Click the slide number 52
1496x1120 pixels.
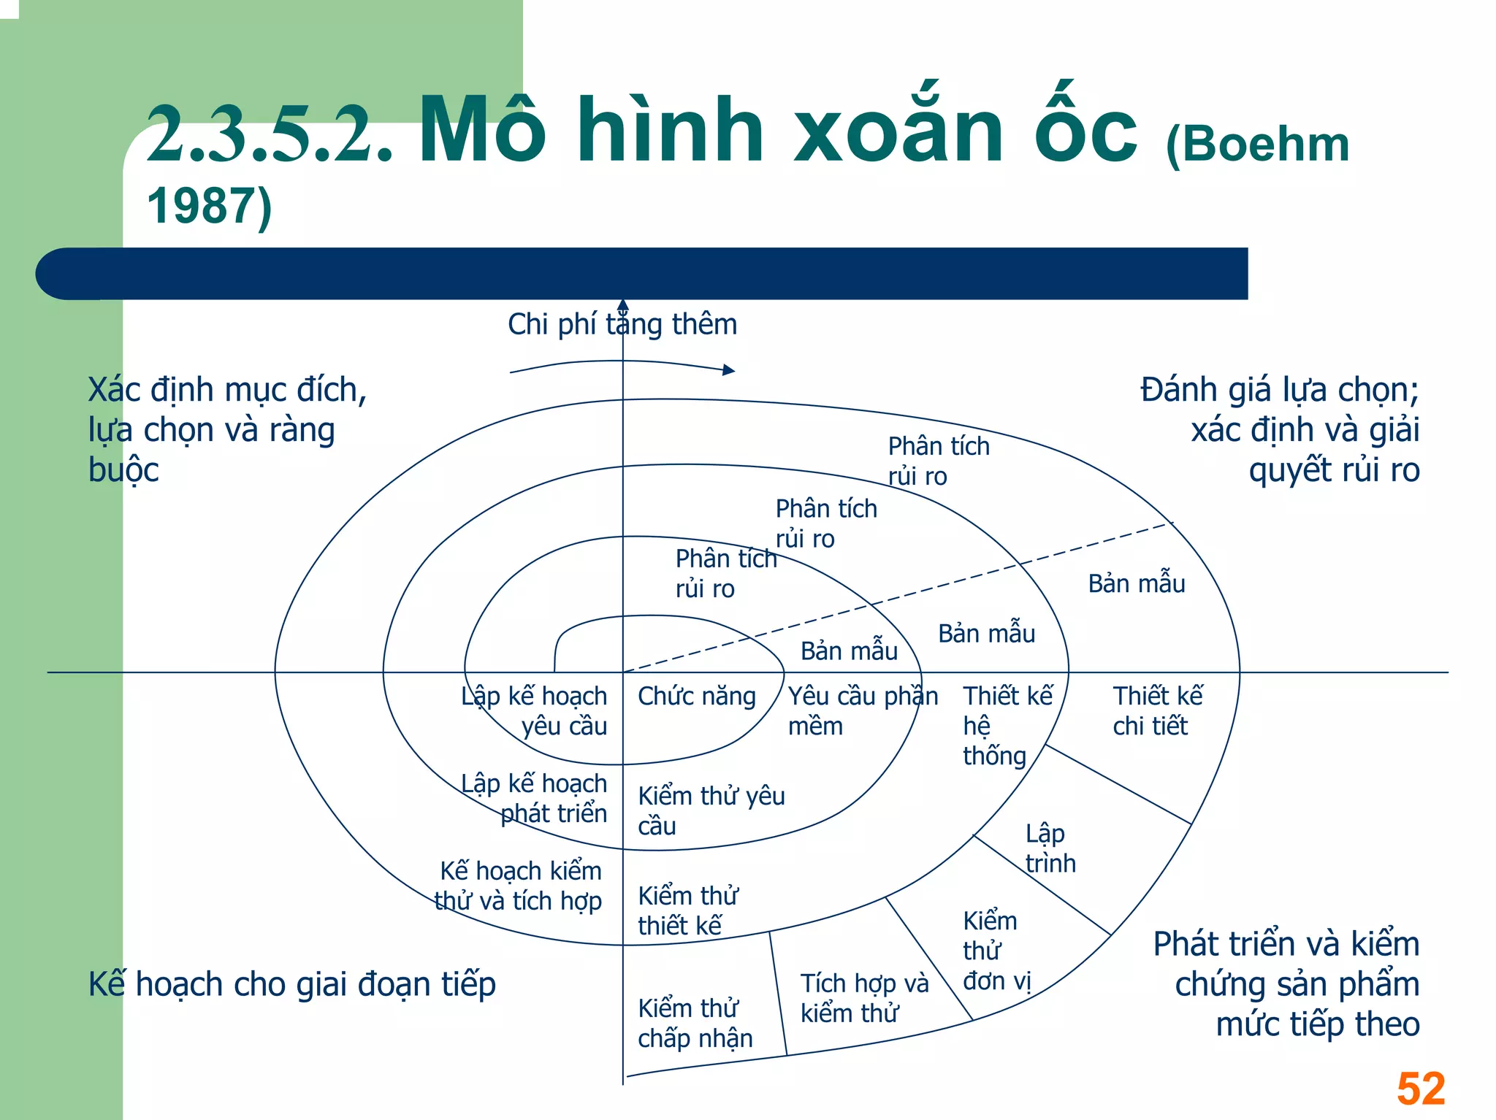click(1420, 1089)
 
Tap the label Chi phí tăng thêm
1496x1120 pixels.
click(622, 324)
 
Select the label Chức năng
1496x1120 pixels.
click(696, 696)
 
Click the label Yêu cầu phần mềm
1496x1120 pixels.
click(862, 710)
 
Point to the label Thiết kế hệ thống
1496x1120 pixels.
click(1007, 725)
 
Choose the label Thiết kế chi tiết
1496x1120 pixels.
click(1157, 710)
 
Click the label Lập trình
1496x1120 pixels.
click(1050, 848)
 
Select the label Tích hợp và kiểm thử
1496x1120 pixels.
click(863, 997)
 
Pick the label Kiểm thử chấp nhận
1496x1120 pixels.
click(695, 1022)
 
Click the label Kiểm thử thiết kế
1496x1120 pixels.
click(687, 910)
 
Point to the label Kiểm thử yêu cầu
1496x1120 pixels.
click(711, 810)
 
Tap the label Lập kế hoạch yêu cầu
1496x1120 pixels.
click(535, 710)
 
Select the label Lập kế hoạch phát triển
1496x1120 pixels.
click(535, 797)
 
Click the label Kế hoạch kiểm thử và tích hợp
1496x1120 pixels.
click(519, 885)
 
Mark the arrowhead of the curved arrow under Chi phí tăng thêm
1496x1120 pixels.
click(729, 370)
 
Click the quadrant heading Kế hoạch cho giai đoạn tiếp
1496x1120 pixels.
click(292, 983)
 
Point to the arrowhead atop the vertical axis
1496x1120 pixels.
click(623, 304)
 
